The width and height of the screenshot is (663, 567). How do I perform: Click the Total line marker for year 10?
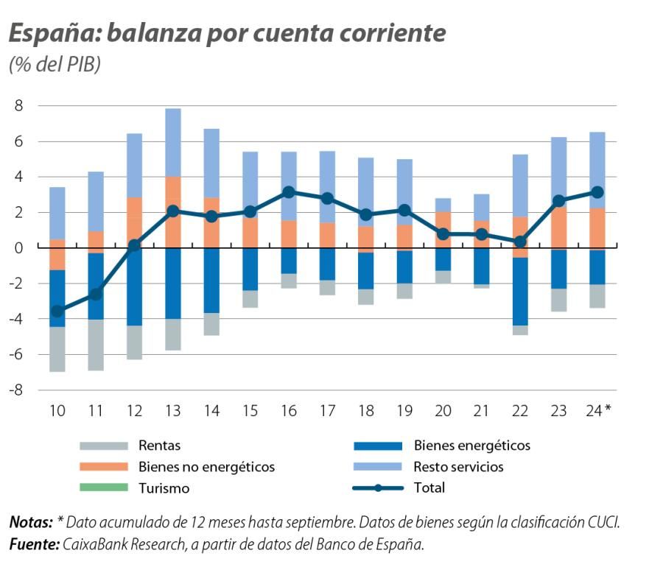coord(57,311)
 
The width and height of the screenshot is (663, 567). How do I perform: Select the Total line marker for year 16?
coord(290,192)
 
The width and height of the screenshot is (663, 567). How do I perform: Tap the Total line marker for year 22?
coord(521,242)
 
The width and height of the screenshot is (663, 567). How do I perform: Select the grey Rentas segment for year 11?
coord(96,345)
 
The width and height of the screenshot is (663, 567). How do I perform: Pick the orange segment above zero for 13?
coord(173,212)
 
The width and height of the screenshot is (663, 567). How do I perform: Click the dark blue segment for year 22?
coord(521,291)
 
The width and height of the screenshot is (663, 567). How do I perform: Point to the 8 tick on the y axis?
coord(20,106)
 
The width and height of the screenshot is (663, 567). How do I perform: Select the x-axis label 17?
coord(328,410)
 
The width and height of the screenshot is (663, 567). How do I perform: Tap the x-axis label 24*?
coord(598,410)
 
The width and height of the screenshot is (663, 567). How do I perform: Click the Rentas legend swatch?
coord(105,445)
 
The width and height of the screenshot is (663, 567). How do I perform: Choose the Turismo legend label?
coord(164,488)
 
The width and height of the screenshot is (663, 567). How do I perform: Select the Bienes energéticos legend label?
coord(471,445)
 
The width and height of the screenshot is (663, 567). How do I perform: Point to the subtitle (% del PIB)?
coord(55,65)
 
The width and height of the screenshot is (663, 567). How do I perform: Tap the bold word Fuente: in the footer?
coord(30,545)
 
